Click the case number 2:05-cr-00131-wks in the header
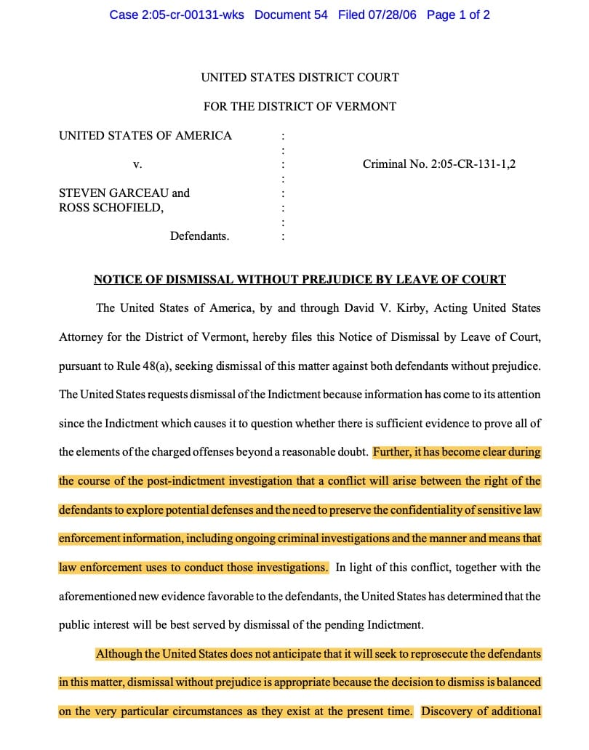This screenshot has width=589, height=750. click(x=177, y=15)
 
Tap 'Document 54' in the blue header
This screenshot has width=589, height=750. click(x=291, y=15)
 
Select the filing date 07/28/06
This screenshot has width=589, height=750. click(x=393, y=15)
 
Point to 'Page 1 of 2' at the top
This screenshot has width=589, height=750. click(x=458, y=15)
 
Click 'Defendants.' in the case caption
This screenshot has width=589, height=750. click(x=199, y=236)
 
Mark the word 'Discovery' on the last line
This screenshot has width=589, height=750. click(x=446, y=711)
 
